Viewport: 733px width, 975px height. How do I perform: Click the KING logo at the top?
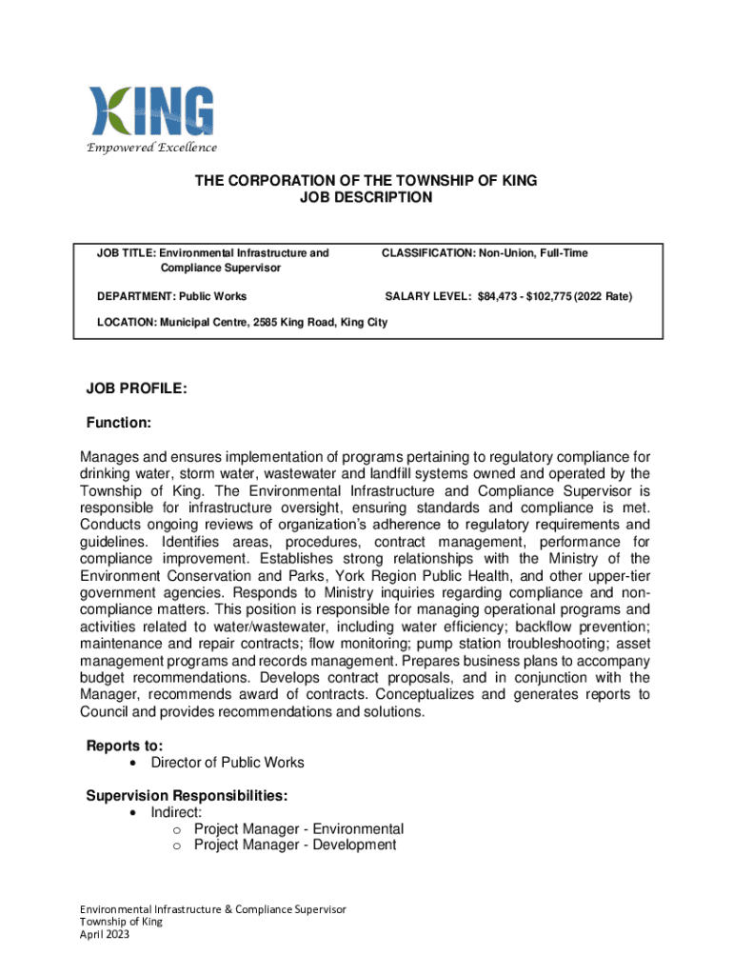point(151,112)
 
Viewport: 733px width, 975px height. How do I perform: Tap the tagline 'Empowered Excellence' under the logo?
point(152,148)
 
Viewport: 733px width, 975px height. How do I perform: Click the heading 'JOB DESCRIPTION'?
point(366,198)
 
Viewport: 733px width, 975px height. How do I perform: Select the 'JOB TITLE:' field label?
point(127,253)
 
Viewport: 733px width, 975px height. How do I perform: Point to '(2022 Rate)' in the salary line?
point(608,296)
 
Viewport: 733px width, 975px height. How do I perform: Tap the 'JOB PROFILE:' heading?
point(136,388)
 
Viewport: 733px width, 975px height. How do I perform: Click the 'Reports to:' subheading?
point(124,745)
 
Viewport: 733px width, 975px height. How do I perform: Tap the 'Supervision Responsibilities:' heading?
point(188,795)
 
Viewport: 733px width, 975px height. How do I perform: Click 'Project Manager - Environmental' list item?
point(299,829)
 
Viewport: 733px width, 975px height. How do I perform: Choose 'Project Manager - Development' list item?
point(295,846)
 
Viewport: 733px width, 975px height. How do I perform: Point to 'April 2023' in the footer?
point(104,935)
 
